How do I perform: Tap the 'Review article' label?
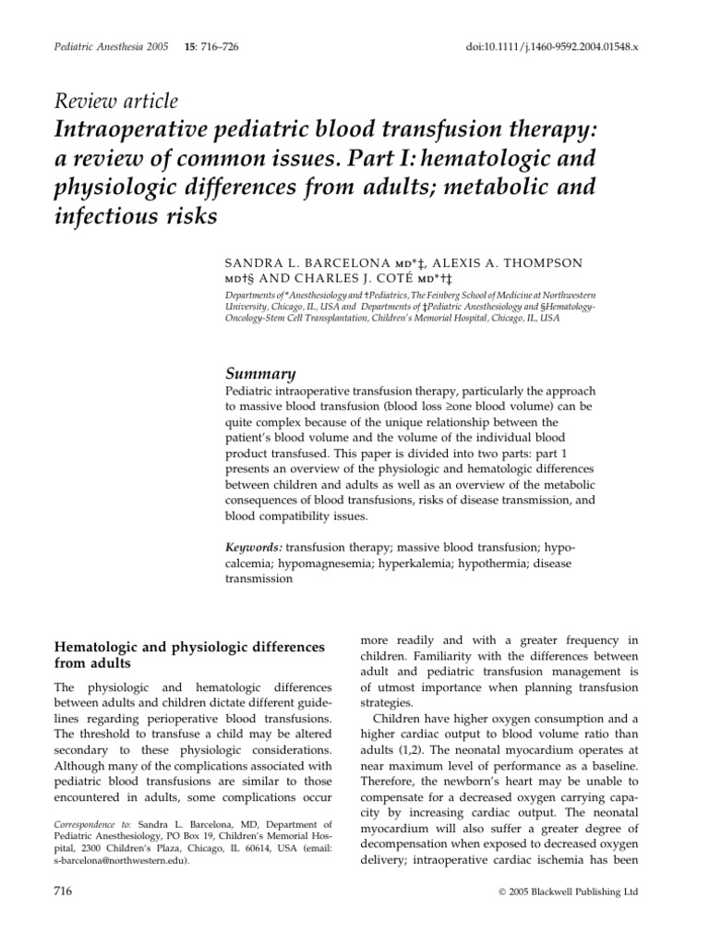click(118, 102)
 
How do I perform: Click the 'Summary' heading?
click(260, 373)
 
